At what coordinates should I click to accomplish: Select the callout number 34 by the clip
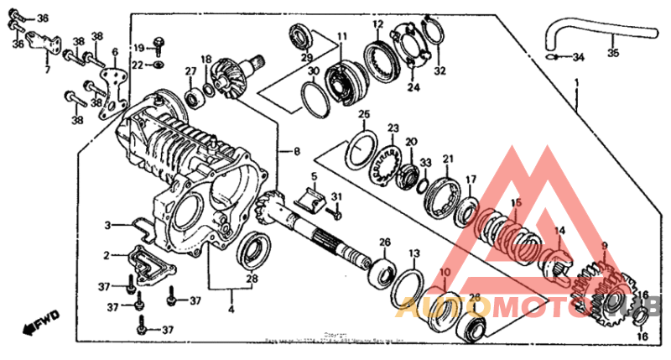pyautogui.click(x=578, y=57)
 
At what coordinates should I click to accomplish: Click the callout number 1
pyautogui.click(x=576, y=83)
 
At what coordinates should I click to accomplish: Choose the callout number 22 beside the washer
pyautogui.click(x=138, y=65)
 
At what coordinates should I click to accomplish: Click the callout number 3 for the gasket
pyautogui.click(x=108, y=225)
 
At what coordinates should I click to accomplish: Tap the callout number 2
pyautogui.click(x=107, y=254)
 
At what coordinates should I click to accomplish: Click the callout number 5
pyautogui.click(x=313, y=178)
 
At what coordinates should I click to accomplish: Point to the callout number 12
pyautogui.click(x=378, y=24)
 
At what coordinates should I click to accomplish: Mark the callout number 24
pyautogui.click(x=413, y=86)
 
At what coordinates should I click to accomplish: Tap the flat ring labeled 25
pyautogui.click(x=363, y=148)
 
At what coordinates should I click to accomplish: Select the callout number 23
pyautogui.click(x=393, y=128)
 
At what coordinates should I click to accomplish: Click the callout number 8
pyautogui.click(x=296, y=152)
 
